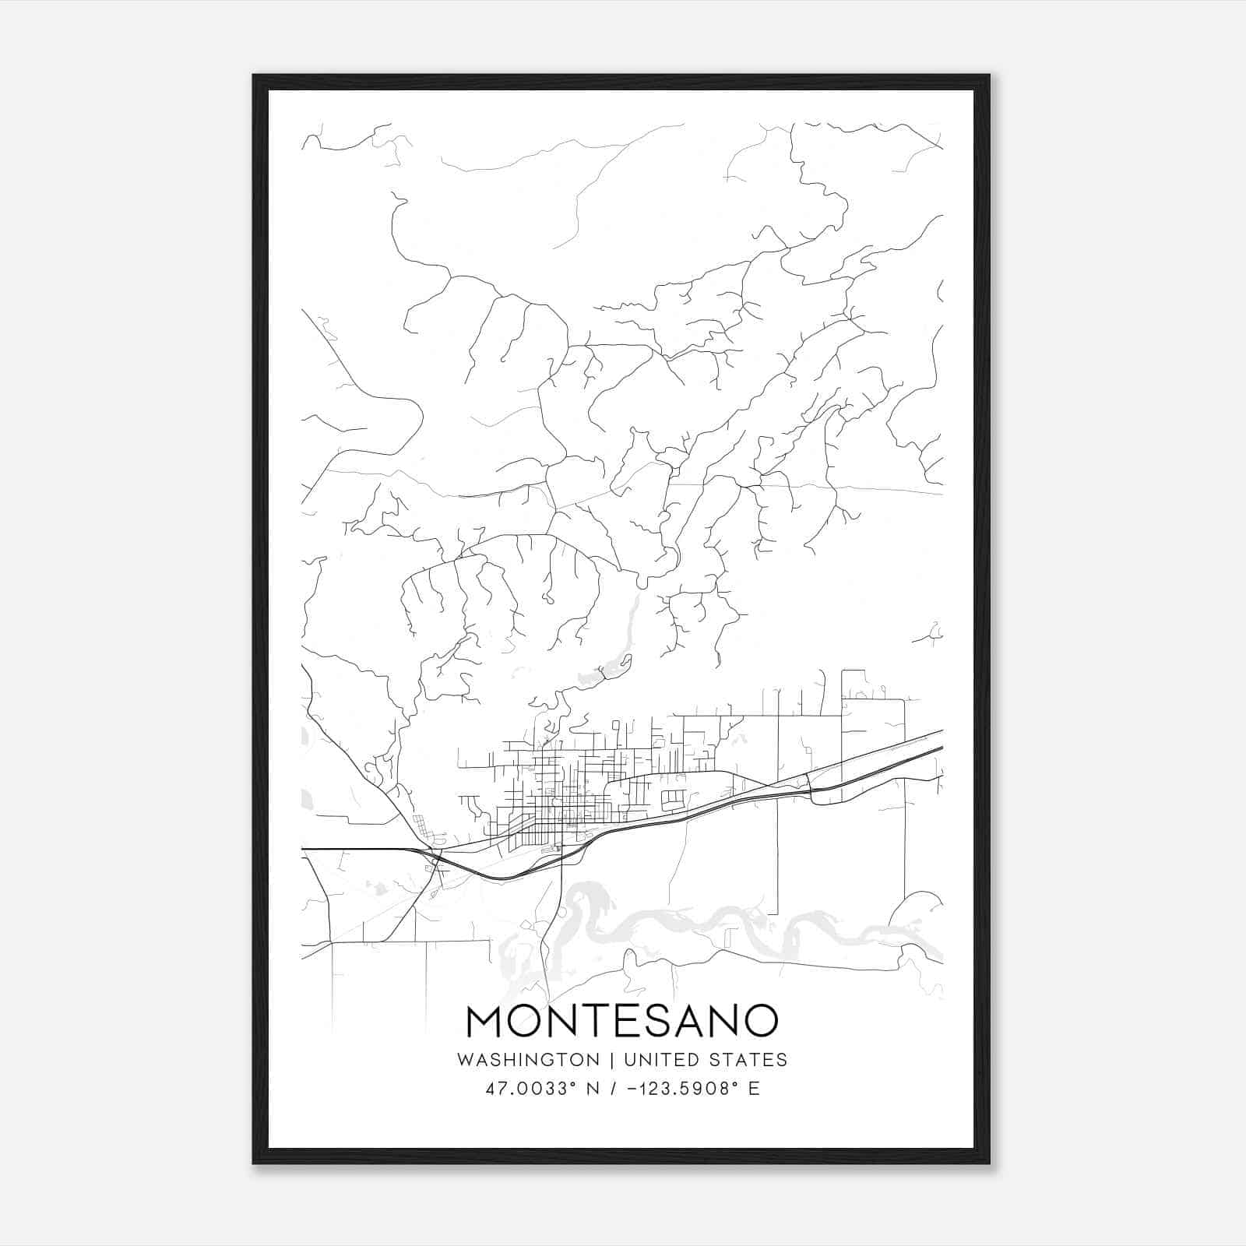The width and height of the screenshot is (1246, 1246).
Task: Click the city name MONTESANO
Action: [621, 1021]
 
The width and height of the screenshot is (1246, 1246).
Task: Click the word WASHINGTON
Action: [528, 1060]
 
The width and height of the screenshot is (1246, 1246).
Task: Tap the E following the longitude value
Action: [754, 1089]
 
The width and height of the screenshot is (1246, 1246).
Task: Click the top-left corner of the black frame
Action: [255, 76]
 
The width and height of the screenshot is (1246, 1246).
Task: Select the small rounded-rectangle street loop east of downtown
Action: [673, 798]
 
